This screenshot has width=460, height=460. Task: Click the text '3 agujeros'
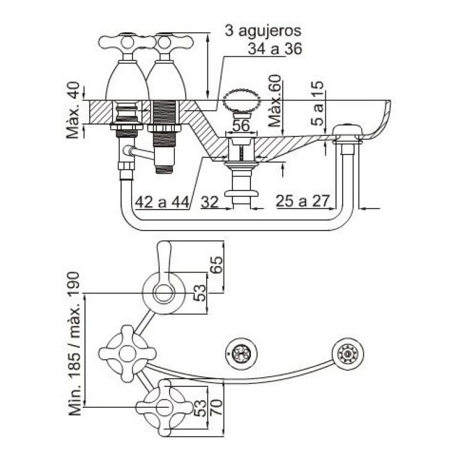[263, 31]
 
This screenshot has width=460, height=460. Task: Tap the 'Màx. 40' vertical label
[74, 110]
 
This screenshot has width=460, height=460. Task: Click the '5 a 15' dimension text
[319, 103]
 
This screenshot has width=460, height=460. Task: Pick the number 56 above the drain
[241, 126]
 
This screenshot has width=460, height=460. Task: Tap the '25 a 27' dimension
[303, 202]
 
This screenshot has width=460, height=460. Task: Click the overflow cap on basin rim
[348, 130]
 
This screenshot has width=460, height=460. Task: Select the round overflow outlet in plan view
[347, 354]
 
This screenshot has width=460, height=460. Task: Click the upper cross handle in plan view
[126, 353]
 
